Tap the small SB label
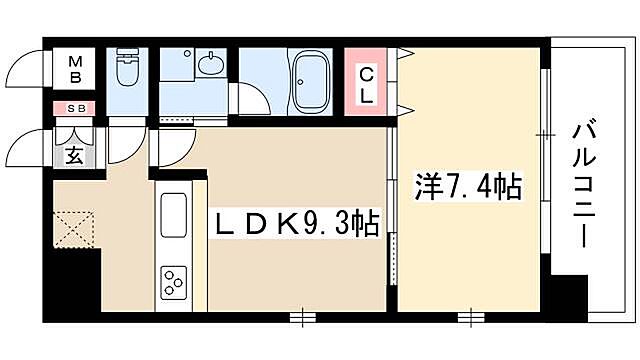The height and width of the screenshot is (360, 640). pos(74,108)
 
